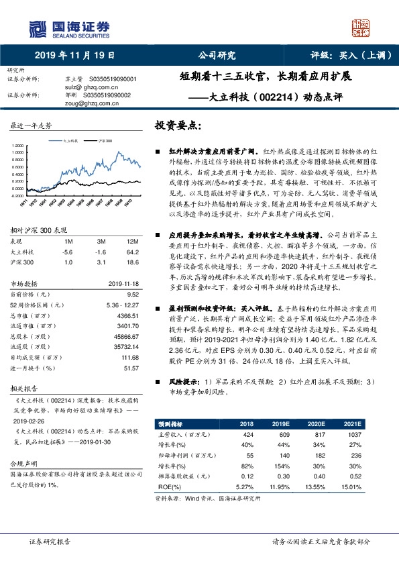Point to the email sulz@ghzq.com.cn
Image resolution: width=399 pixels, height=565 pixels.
pos(90,87)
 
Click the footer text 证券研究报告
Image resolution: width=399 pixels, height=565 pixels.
pos(49,541)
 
